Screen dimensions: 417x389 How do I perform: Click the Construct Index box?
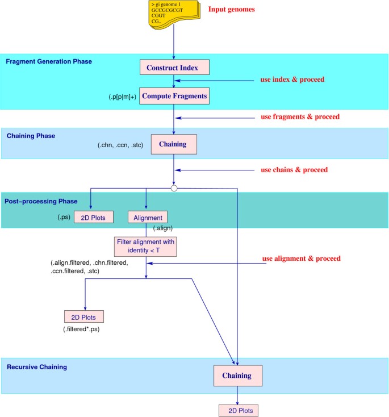[175, 67]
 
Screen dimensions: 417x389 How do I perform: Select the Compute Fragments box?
[174, 97]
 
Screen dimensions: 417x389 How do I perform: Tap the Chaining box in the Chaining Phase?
[173, 144]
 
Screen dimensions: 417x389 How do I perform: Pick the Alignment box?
[148, 217]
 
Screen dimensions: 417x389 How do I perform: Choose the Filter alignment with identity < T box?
[146, 247]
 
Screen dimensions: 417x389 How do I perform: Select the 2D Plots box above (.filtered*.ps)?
[85, 316]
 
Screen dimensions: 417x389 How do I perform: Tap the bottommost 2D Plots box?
[239, 410]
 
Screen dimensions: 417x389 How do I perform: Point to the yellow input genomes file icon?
[173, 15]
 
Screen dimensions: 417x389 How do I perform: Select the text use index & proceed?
[292, 79]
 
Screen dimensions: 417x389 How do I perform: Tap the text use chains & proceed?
[294, 169]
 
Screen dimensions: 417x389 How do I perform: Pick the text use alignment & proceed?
[301, 258]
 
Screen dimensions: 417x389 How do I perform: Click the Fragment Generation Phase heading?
[49, 61]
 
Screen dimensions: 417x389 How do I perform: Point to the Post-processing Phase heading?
[44, 201]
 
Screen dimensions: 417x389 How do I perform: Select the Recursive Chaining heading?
[37, 367]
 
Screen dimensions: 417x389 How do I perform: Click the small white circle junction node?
[174, 187]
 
